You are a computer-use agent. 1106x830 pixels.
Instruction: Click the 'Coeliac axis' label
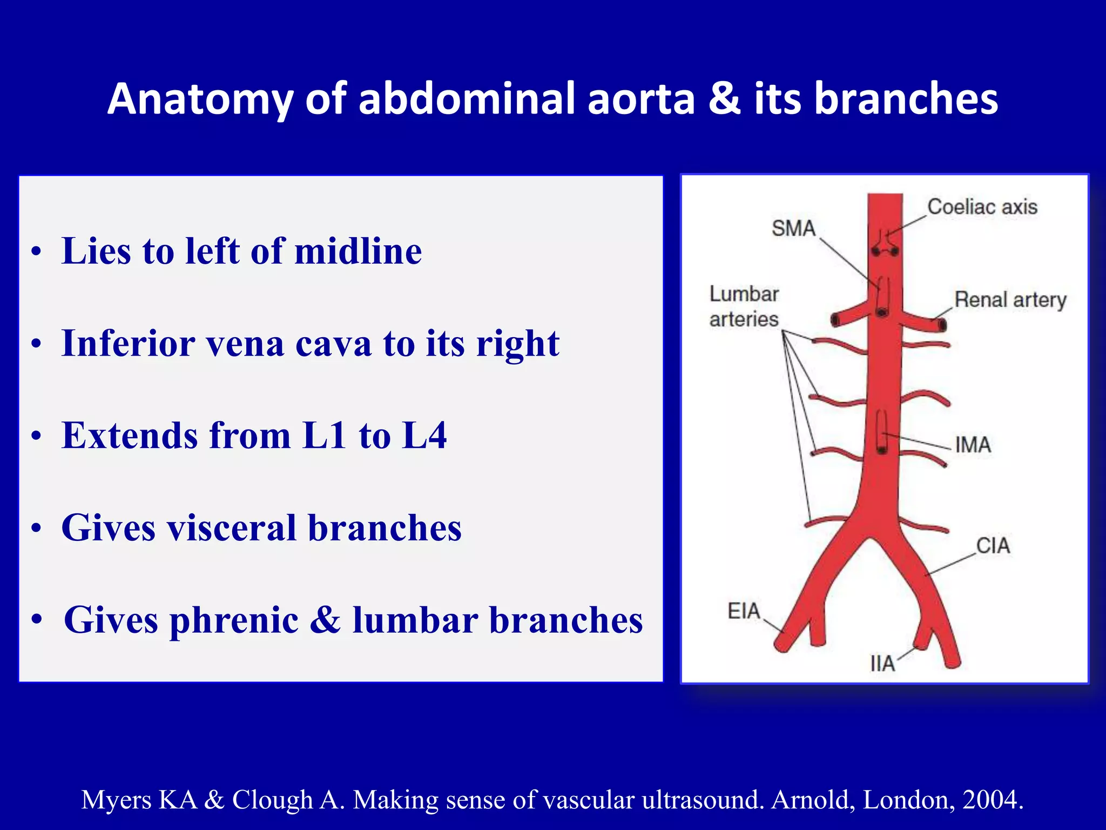tap(982, 207)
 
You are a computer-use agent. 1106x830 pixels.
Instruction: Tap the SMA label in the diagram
tap(793, 228)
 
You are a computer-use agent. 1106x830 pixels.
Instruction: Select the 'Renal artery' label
tap(1010, 300)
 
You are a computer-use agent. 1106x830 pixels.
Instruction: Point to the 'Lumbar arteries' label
tap(744, 306)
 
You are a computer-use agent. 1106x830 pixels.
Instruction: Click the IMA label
tap(973, 445)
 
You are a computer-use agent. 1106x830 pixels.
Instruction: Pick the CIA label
tap(993, 546)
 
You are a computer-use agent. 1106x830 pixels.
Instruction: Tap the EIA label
tap(744, 611)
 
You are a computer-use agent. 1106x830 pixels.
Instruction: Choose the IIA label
tap(882, 664)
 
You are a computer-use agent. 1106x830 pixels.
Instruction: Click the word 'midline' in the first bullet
tap(358, 251)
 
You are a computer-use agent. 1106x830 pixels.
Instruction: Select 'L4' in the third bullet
tap(424, 436)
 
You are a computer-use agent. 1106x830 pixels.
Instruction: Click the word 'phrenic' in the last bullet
tap(234, 620)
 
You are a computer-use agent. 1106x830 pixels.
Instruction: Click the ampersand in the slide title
tap(724, 98)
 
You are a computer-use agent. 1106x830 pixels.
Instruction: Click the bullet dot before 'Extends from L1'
tap(36, 436)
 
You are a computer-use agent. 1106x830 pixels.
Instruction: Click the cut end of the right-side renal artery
tap(942, 325)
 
